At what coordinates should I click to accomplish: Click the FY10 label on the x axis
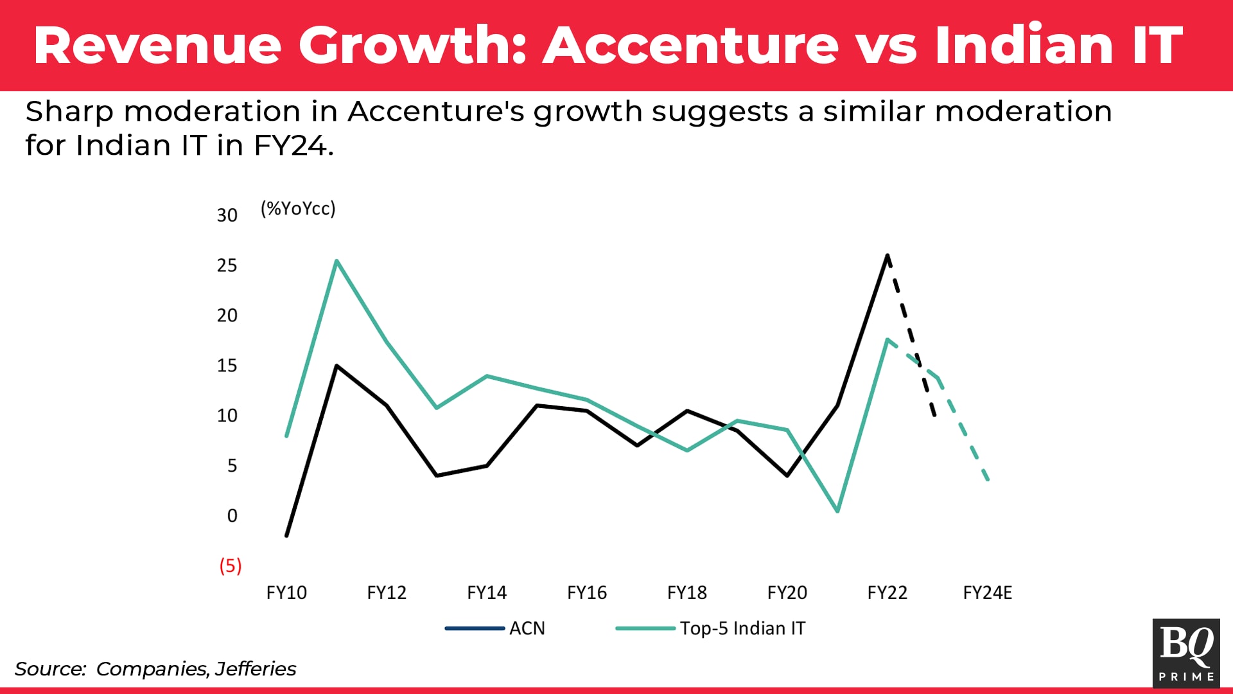[286, 592]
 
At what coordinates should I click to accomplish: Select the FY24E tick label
[987, 592]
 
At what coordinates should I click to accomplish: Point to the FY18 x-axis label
[686, 592]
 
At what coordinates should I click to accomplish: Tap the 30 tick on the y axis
[227, 215]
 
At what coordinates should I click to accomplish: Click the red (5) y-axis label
[231, 565]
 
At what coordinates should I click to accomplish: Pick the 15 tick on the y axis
[227, 366]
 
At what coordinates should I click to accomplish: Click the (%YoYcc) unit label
[298, 208]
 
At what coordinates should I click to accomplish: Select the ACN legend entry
[527, 628]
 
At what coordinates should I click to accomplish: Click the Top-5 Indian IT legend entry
[742, 628]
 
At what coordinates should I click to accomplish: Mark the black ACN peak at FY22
[888, 256]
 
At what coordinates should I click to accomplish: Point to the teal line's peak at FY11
[337, 261]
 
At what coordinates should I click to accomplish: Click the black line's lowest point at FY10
[286, 535]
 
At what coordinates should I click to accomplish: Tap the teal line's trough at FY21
[837, 512]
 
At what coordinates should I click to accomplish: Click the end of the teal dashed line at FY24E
[988, 479]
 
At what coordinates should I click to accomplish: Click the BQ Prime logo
[1186, 652]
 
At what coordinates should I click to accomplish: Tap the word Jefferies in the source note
[256, 669]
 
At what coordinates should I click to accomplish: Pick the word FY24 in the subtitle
[292, 145]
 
